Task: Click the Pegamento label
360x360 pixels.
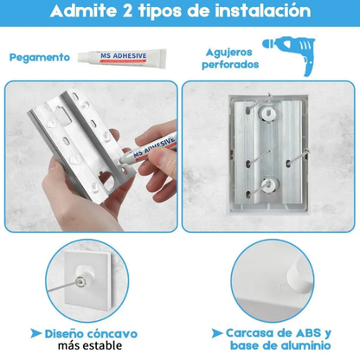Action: (x=40, y=57)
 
